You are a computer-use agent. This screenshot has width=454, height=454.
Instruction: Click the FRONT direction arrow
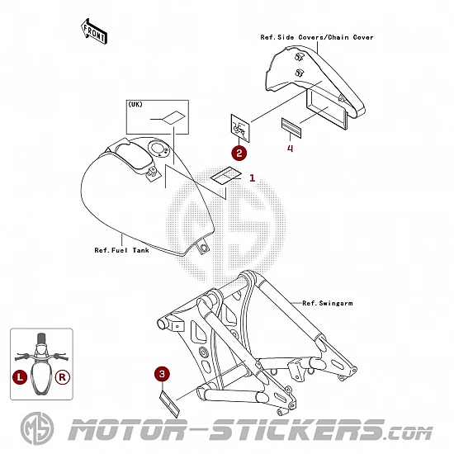coord(94,31)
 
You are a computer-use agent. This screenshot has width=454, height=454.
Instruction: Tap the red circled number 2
coord(239,153)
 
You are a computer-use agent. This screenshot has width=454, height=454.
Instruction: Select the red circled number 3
coord(162,374)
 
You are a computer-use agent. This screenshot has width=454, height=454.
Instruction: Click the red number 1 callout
coord(253,178)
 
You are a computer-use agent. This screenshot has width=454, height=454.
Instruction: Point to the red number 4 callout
coord(290,149)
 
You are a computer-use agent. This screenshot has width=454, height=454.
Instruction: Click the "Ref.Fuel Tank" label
coord(121,250)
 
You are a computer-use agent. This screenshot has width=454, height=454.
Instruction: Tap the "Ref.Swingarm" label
coord(328,303)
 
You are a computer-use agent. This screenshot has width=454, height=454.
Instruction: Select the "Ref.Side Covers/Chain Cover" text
coord(317,37)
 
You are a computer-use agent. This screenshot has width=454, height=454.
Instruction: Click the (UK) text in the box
coord(135,104)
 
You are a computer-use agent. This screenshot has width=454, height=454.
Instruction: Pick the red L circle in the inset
coord(20,377)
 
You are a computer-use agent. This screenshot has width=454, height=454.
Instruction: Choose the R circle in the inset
coord(63,377)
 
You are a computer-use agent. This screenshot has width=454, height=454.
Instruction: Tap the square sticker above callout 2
coord(240,128)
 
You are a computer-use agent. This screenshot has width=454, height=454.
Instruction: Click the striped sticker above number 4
coord(291,128)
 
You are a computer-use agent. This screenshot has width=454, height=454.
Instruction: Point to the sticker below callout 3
coord(170,404)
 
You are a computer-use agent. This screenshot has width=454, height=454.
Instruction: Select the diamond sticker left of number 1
coord(226,176)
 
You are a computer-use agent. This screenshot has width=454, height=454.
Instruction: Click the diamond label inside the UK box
coord(173,117)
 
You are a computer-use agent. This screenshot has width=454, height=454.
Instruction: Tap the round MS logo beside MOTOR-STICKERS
coord(37,428)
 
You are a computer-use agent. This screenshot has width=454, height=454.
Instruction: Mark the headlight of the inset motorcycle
coord(41,348)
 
